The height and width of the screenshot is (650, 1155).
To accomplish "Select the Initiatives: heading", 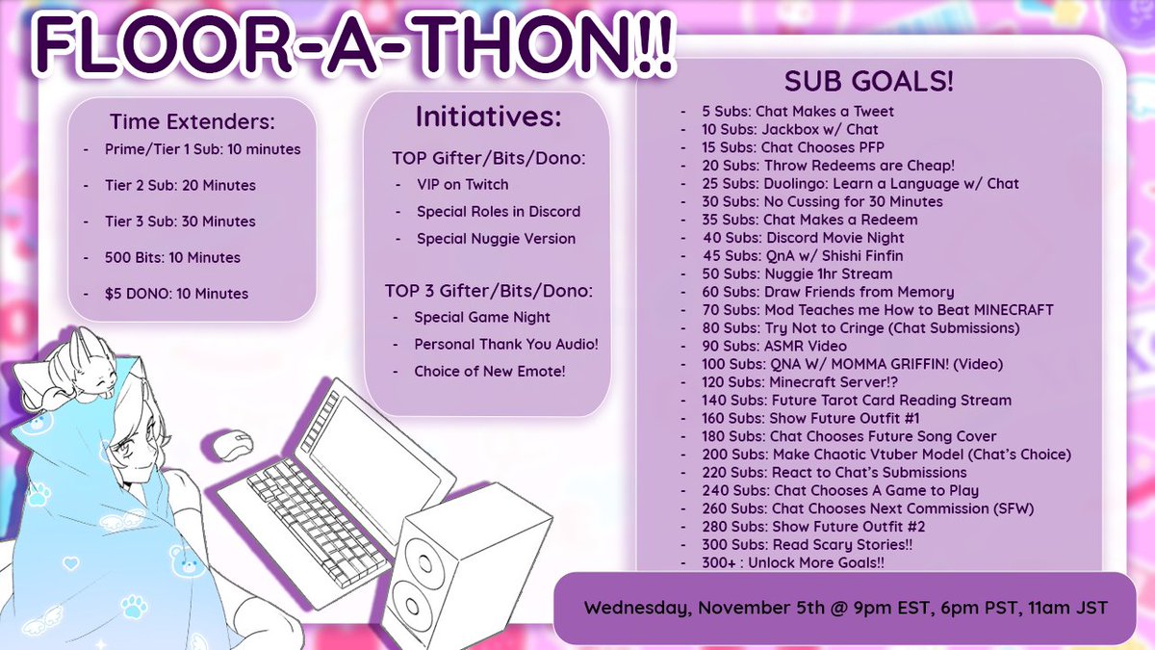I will [x=487, y=117].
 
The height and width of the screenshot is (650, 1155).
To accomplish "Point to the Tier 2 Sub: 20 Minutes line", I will [x=182, y=185].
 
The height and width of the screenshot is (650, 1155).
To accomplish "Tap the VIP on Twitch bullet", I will [x=462, y=184].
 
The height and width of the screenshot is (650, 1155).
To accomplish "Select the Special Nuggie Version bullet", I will [x=496, y=238].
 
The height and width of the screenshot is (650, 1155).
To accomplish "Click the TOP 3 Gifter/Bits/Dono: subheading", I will [x=489, y=290].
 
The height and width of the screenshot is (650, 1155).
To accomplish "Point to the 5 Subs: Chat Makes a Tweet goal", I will [x=798, y=111].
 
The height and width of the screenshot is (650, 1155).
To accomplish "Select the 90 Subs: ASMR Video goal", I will [x=775, y=346].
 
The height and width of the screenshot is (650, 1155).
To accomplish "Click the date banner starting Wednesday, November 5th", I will [x=845, y=608].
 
